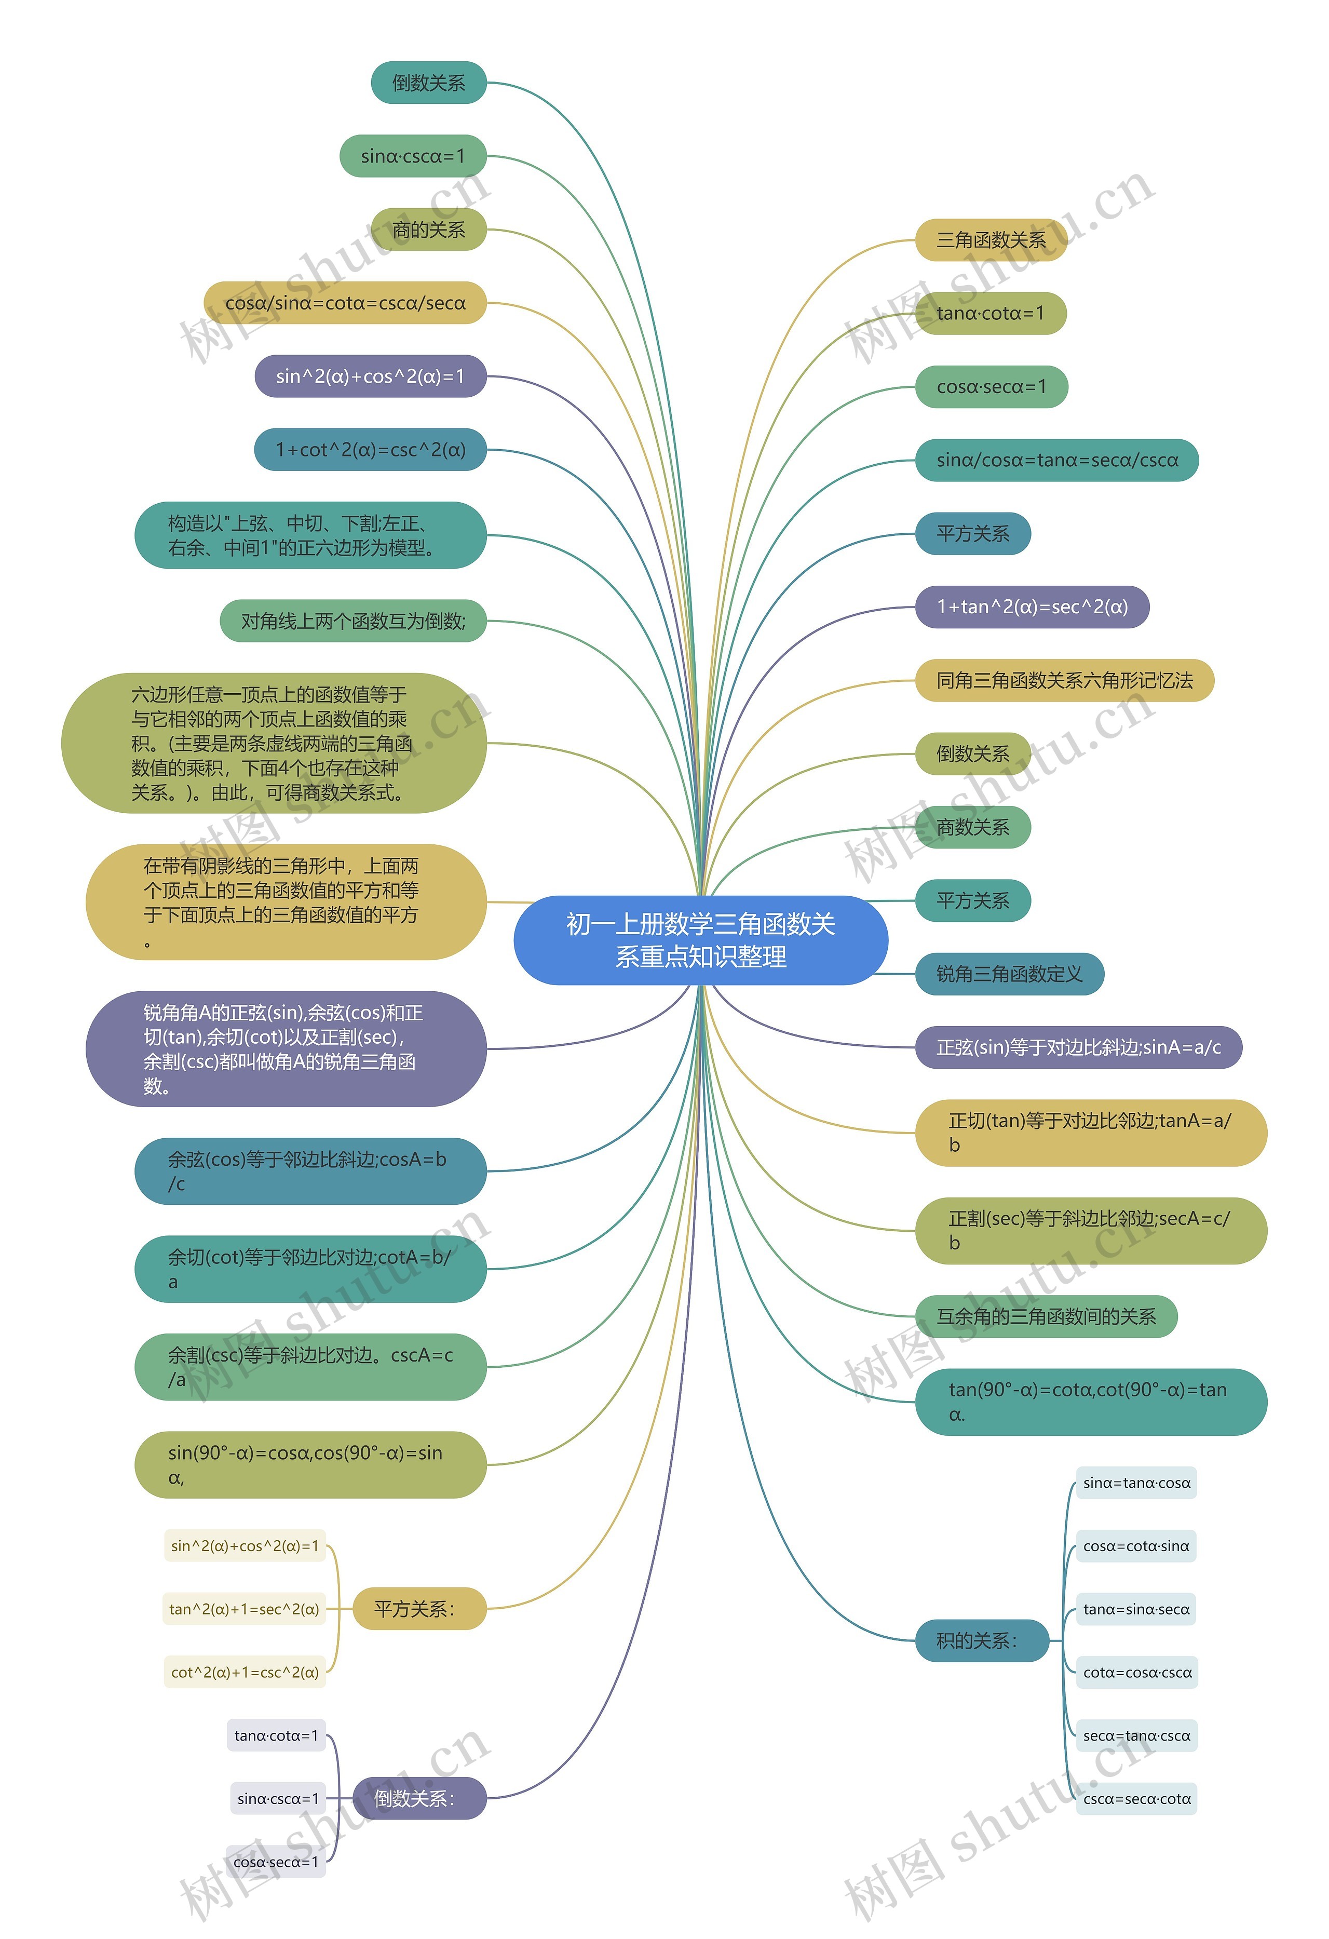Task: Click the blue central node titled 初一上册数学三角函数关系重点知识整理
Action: [701, 940]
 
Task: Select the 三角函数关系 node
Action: [991, 240]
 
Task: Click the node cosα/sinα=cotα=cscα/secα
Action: [345, 303]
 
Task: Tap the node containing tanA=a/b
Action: [1091, 1133]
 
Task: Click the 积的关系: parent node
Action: [982, 1641]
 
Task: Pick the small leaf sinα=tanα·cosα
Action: [1136, 1483]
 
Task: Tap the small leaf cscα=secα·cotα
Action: [1136, 1799]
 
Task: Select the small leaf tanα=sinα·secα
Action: [1136, 1609]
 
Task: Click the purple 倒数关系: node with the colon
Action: [419, 1799]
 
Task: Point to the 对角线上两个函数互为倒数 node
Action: [353, 621]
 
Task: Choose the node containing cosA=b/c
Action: [310, 1172]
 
